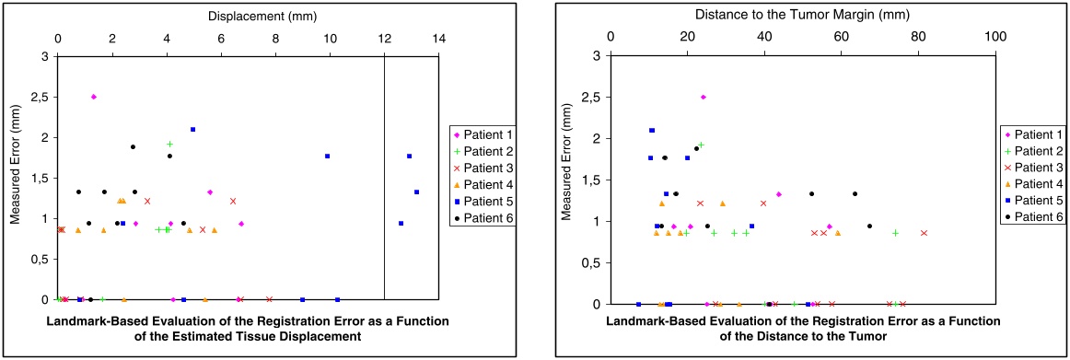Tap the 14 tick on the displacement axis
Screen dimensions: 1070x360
[439, 38]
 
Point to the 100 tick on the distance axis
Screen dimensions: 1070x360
[995, 38]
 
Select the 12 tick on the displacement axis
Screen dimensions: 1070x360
[384, 38]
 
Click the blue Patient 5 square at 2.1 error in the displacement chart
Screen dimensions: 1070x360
[193, 129]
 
